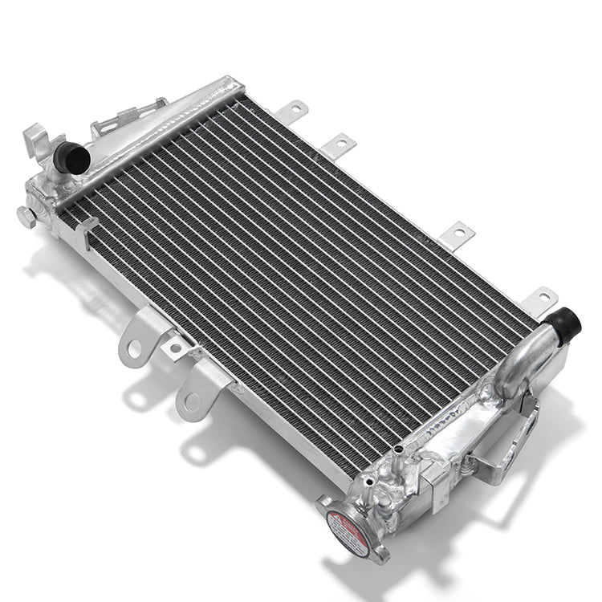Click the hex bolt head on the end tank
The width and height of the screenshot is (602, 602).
[x=26, y=216]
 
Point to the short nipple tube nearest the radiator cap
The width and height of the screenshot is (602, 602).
[x=368, y=482]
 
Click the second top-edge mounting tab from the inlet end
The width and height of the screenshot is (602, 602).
[x=339, y=145]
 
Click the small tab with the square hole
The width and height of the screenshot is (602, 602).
[x=176, y=347]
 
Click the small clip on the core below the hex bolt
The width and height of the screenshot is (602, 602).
[x=83, y=233]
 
